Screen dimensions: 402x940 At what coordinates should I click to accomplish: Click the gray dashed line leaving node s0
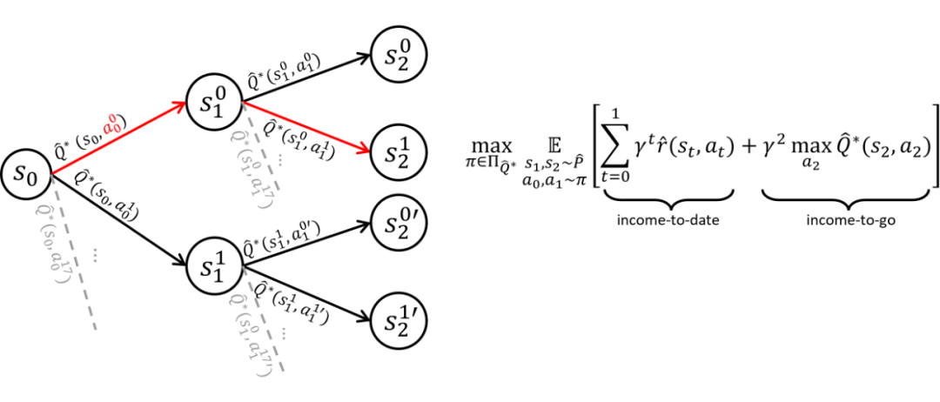[70, 253]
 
